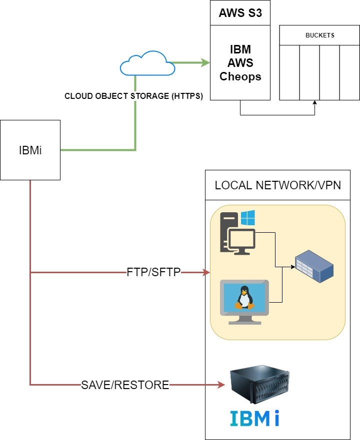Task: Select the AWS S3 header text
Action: (x=240, y=13)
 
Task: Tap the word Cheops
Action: (x=240, y=77)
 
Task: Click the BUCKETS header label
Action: (x=319, y=35)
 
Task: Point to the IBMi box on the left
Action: (x=30, y=150)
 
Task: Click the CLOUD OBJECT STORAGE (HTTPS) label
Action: (x=133, y=96)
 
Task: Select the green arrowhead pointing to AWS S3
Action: (x=205, y=63)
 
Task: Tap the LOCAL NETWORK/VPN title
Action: (x=277, y=185)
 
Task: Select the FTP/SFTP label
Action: (x=153, y=273)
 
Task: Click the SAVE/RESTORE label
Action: (x=125, y=385)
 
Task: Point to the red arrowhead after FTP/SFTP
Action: (x=206, y=273)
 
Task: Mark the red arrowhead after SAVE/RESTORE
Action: (x=220, y=385)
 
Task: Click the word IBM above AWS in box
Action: (x=240, y=50)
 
